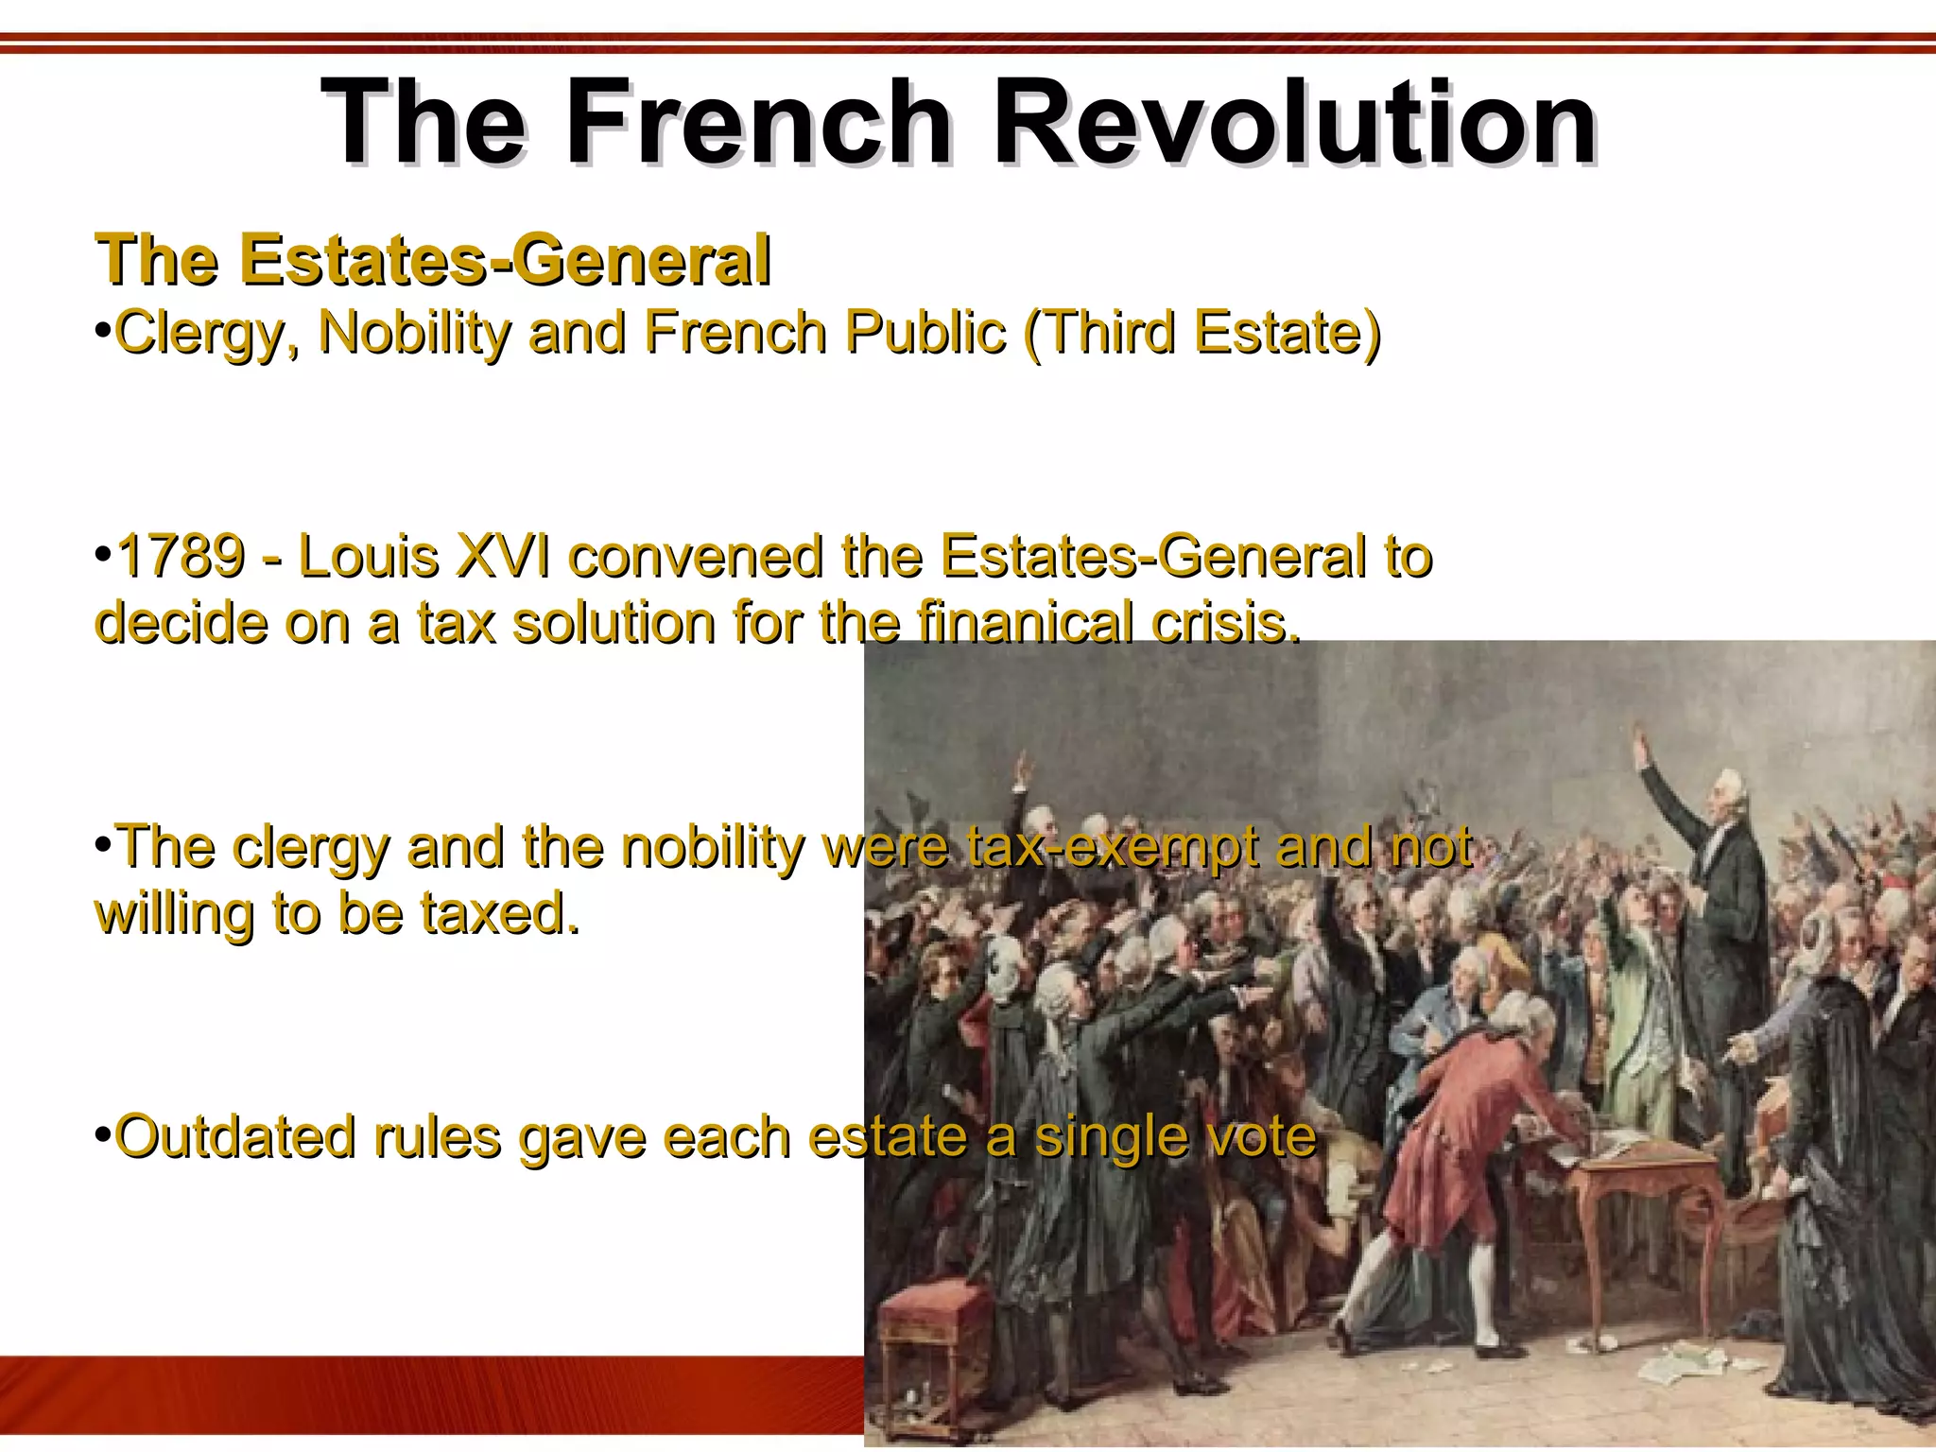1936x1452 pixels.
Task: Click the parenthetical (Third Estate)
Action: coord(1202,333)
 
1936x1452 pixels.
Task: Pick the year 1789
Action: coord(180,556)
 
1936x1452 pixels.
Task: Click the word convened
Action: coord(696,556)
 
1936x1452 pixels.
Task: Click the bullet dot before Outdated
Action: coord(103,1132)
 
